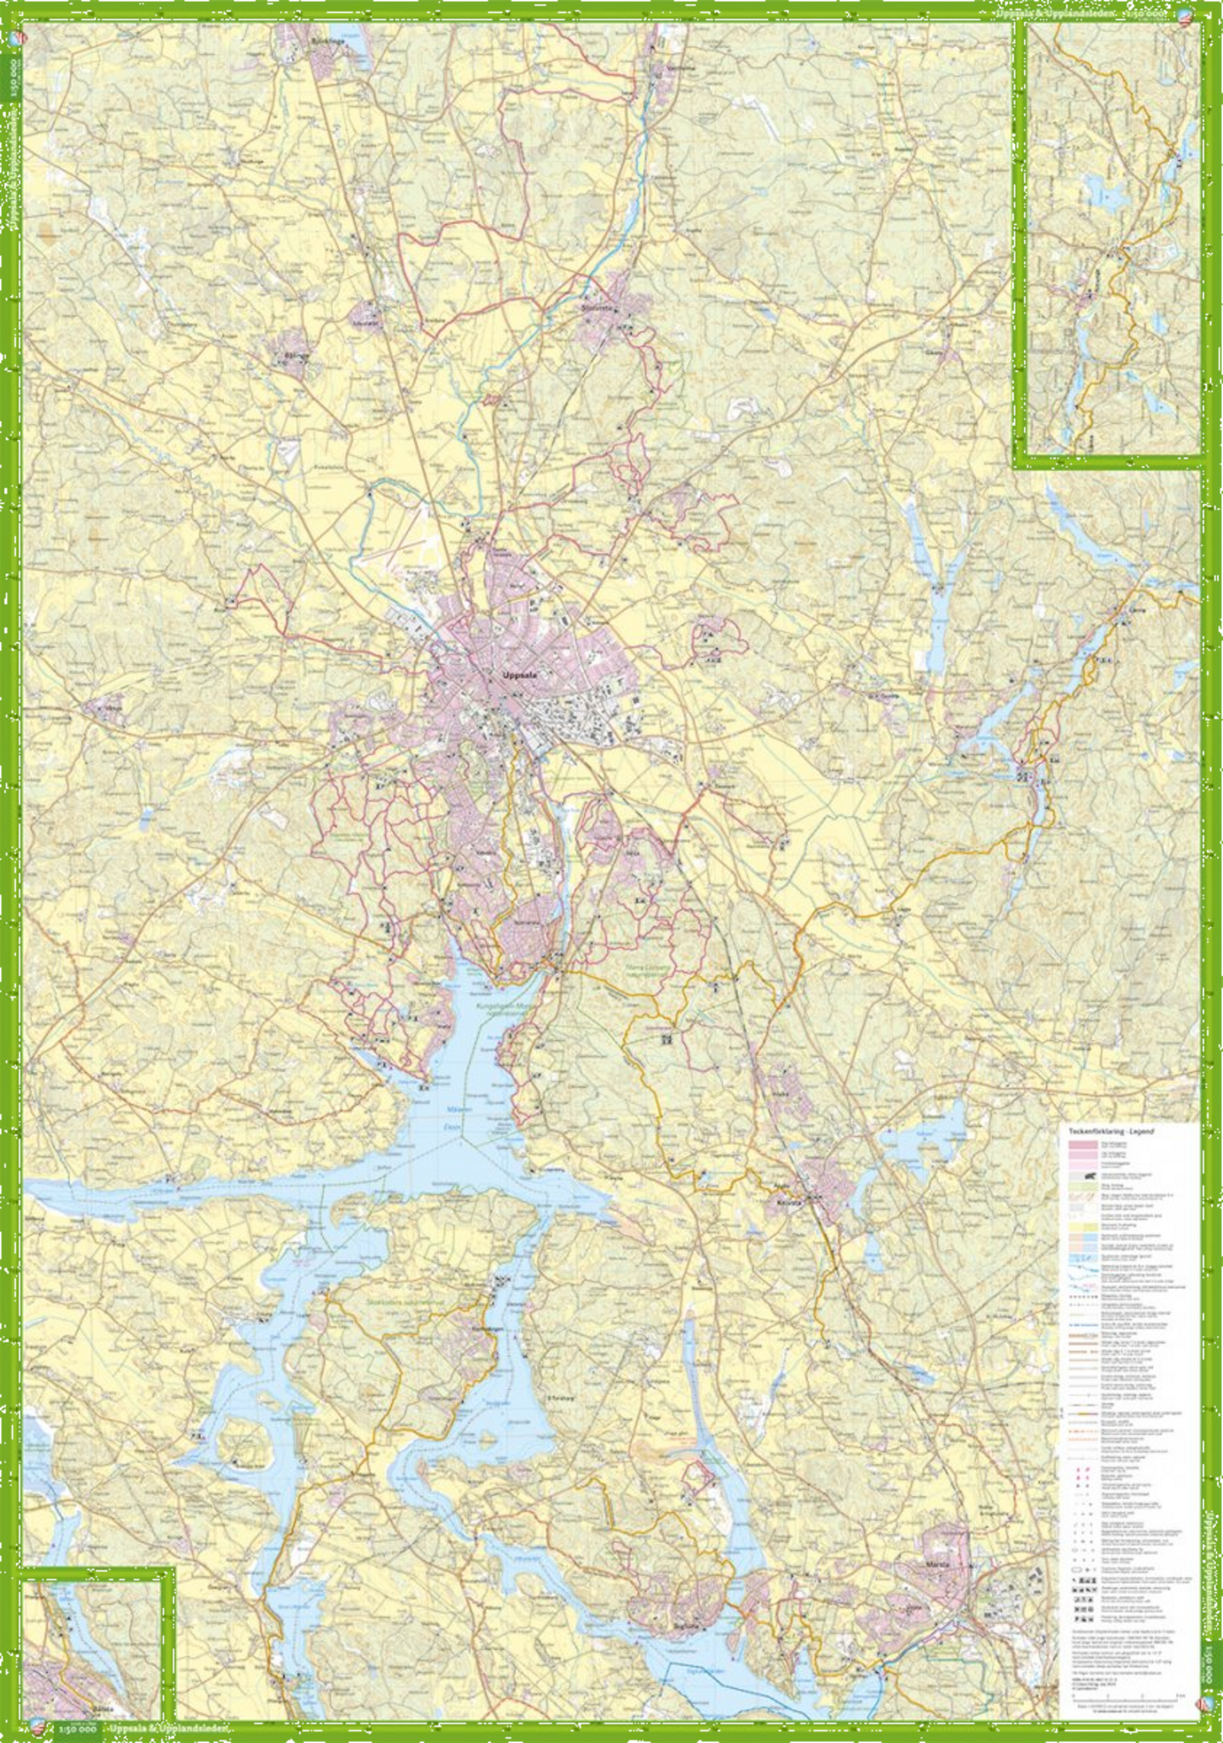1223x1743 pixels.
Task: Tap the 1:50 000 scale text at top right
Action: click(x=1152, y=14)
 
